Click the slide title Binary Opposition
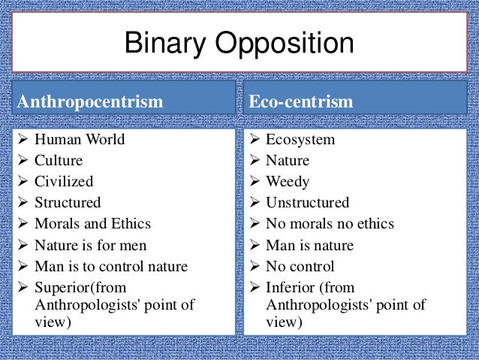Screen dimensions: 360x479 [x=239, y=44]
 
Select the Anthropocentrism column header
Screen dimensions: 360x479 [x=90, y=101]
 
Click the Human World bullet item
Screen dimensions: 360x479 [x=80, y=140]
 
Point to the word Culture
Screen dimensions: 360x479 [x=59, y=160]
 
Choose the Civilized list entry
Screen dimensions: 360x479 [x=65, y=181]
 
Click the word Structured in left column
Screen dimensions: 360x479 [x=68, y=202]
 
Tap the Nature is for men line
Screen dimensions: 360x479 [x=91, y=245]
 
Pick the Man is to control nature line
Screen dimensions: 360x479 [x=112, y=266]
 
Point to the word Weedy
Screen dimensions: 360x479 [x=288, y=181]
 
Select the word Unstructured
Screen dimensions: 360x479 [x=308, y=202]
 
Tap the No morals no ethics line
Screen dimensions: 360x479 [x=330, y=223]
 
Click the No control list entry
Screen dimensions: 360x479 [x=300, y=266]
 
